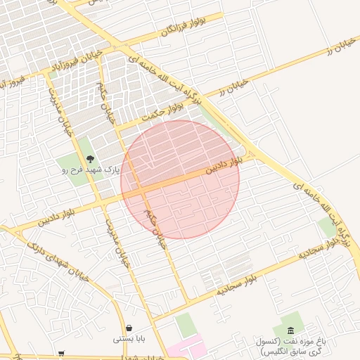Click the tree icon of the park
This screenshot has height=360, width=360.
[90, 158]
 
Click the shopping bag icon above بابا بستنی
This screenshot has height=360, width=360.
[130, 328]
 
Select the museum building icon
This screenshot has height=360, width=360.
[291, 330]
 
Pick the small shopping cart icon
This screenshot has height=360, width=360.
[62, 354]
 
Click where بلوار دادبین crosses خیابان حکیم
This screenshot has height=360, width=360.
[140, 190]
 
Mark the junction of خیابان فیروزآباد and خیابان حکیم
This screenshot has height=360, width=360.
[101, 58]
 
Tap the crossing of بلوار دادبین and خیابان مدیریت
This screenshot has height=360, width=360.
[105, 200]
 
